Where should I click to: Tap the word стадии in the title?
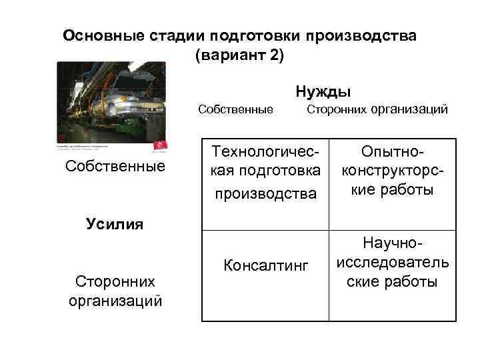177,35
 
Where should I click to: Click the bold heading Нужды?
323,91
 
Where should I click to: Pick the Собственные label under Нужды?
235,109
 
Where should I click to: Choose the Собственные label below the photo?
115,166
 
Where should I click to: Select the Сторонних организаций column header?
377,109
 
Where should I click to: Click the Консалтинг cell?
266,267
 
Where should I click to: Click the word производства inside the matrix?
265,193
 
